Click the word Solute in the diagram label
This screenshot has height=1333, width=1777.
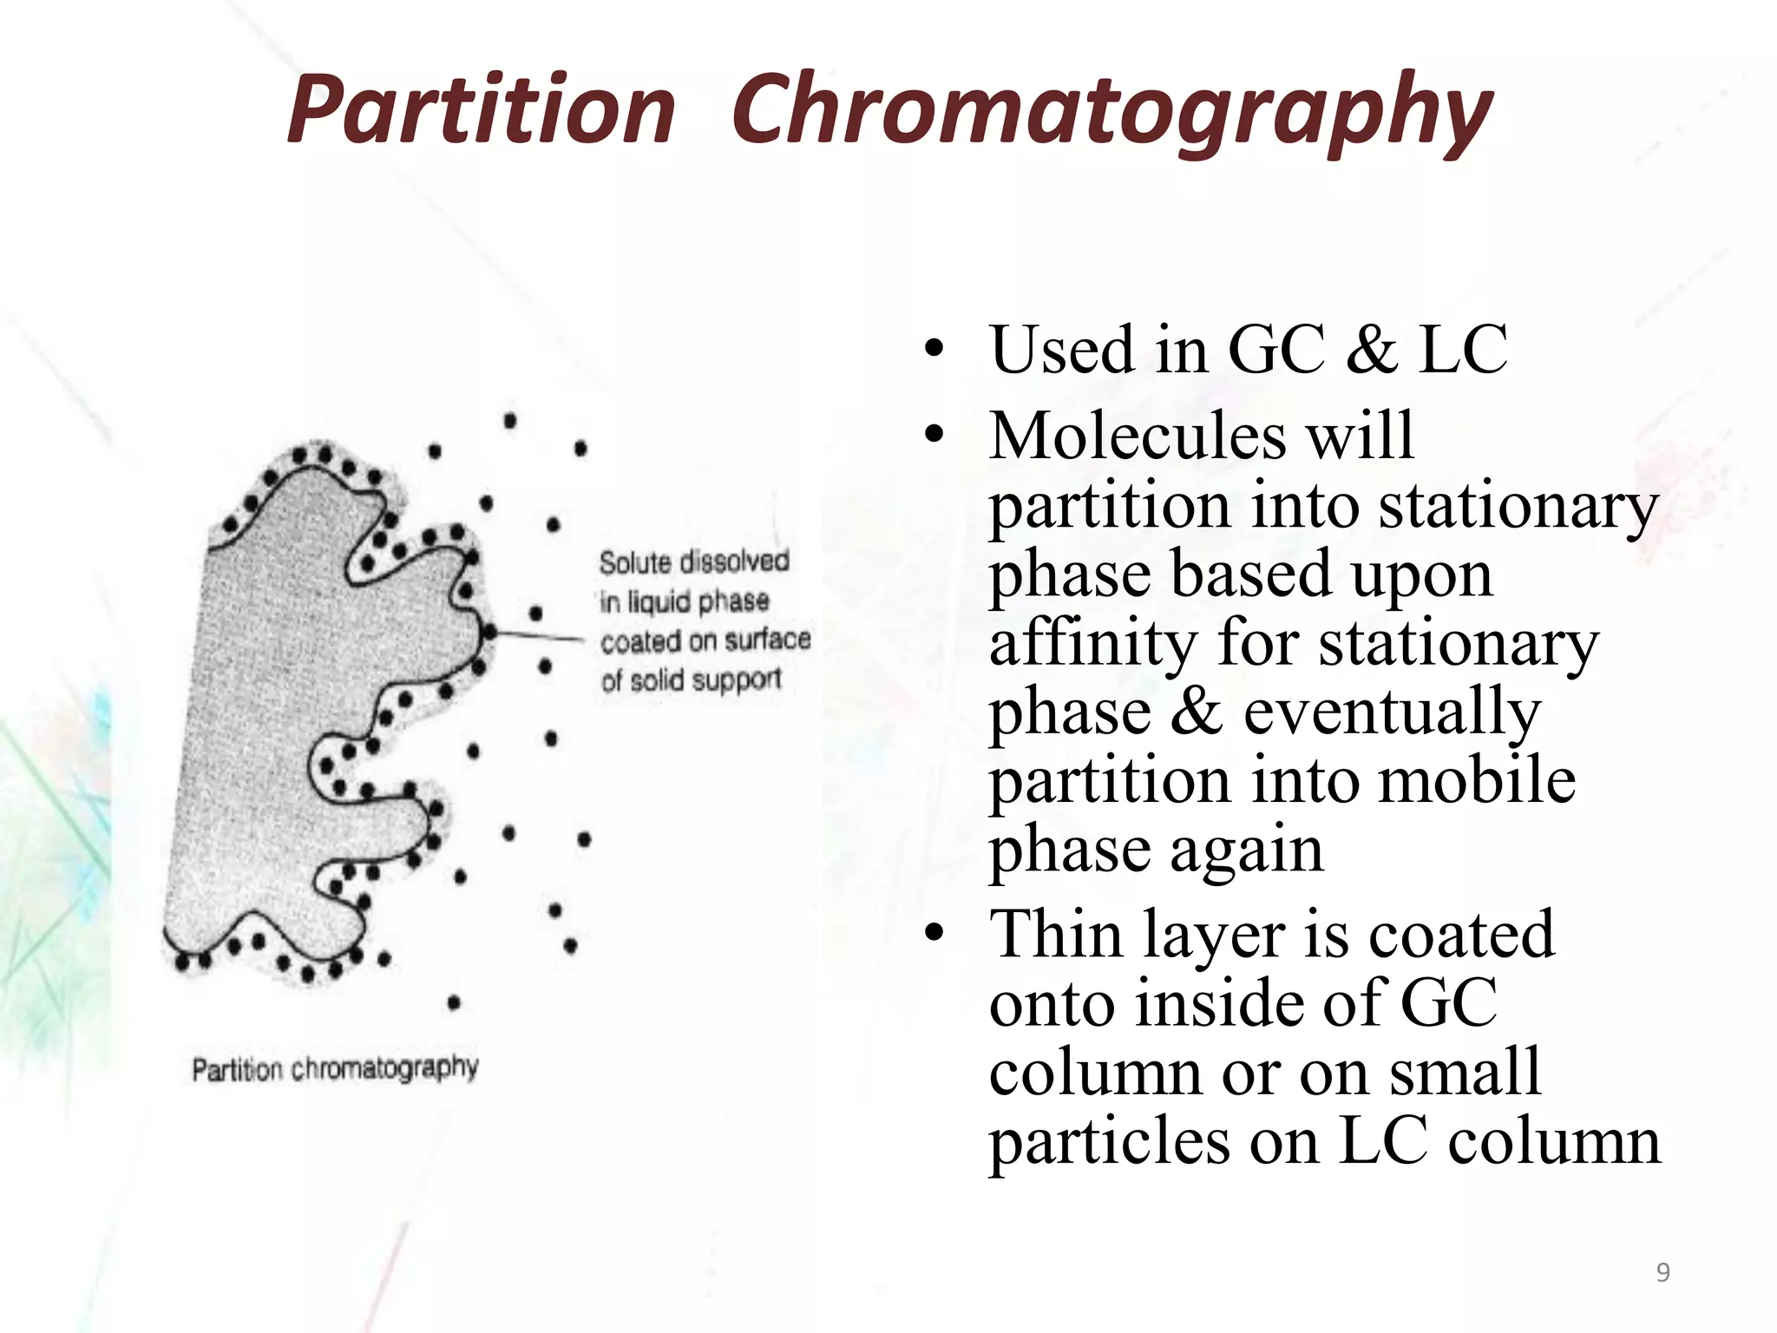(x=634, y=562)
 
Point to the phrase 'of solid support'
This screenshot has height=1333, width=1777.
(x=691, y=680)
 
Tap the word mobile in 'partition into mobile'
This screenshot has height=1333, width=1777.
(x=1475, y=779)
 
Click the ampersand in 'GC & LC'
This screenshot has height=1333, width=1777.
(x=1371, y=350)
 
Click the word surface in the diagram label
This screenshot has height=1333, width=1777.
(x=767, y=640)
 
